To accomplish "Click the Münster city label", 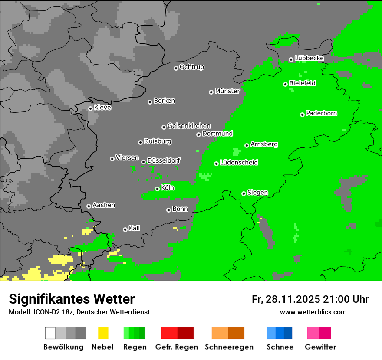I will (x=227, y=91).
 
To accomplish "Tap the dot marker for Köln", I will (x=157, y=189).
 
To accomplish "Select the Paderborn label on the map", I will (x=322, y=114).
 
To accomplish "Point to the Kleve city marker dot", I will (x=90, y=108).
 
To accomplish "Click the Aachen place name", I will (x=104, y=205).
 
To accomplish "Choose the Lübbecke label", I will (x=309, y=58).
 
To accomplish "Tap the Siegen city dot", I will (x=244, y=193).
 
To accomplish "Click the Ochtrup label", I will (x=192, y=67).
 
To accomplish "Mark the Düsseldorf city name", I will (x=164, y=160).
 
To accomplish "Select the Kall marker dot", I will (x=125, y=229).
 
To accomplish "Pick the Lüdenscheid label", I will (x=239, y=163).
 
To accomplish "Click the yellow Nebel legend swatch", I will (x=103, y=333).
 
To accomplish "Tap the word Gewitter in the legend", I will (x=320, y=347).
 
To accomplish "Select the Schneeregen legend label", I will (x=229, y=347).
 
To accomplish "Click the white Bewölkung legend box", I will (x=50, y=333).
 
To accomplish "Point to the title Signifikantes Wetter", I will (x=72, y=299).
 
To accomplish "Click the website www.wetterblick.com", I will (x=313, y=312).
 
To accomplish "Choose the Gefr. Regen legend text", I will (x=177, y=347).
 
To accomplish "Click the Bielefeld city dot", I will (x=285, y=84).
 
